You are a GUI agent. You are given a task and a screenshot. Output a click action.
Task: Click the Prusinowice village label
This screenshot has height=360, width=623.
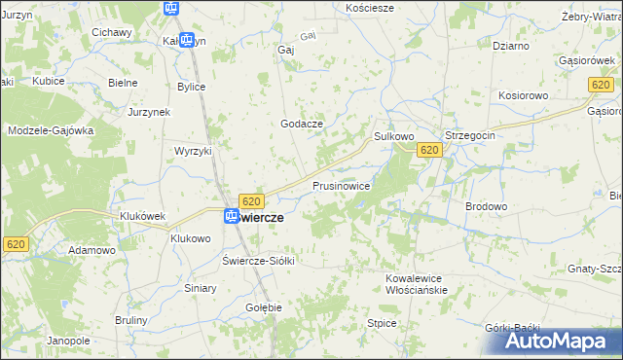341,185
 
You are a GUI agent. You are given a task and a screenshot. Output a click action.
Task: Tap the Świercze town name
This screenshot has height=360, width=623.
262,218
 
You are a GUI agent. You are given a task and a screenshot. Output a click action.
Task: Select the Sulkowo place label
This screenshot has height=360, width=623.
394,138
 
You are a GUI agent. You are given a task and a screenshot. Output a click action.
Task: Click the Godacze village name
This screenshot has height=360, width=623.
301,124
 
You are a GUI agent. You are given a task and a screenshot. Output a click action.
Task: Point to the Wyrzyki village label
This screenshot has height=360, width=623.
193,152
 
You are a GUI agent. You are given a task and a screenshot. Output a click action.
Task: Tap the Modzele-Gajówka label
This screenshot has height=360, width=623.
51,130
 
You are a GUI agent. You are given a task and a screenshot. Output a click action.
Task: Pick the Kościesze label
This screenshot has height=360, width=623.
370,8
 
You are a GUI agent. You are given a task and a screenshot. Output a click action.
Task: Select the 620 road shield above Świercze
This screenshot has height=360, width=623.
251,201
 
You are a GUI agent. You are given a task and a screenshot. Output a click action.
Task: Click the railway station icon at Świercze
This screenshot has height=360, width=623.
231,217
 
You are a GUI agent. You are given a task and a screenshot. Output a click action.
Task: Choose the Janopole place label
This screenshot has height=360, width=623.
68,342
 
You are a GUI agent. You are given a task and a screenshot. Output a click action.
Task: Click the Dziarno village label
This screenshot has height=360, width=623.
511,46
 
